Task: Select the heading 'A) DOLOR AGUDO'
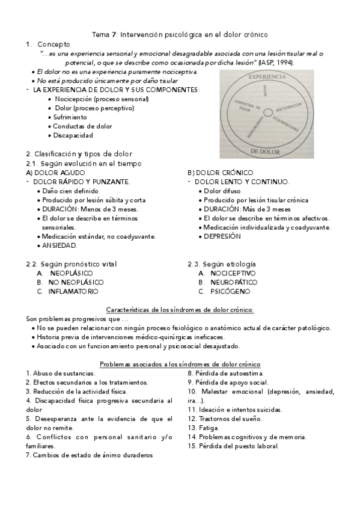[x=52, y=173]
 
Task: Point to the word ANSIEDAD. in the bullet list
[x=59, y=245]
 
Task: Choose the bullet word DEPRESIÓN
[x=222, y=236]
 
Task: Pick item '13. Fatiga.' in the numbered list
[x=203, y=428]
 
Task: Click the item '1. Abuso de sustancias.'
[x=60, y=373]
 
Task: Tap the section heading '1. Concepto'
[x=48, y=45]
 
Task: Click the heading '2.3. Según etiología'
[x=222, y=263]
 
